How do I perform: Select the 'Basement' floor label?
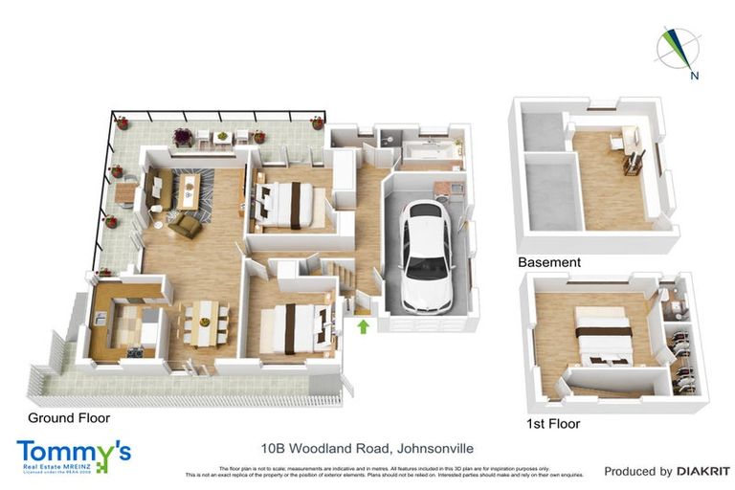point(548,262)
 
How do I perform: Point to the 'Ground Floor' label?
point(69,418)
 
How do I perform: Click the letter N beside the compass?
point(695,75)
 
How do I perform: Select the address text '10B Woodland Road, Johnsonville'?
point(367,447)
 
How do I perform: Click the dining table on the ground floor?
point(203,323)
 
